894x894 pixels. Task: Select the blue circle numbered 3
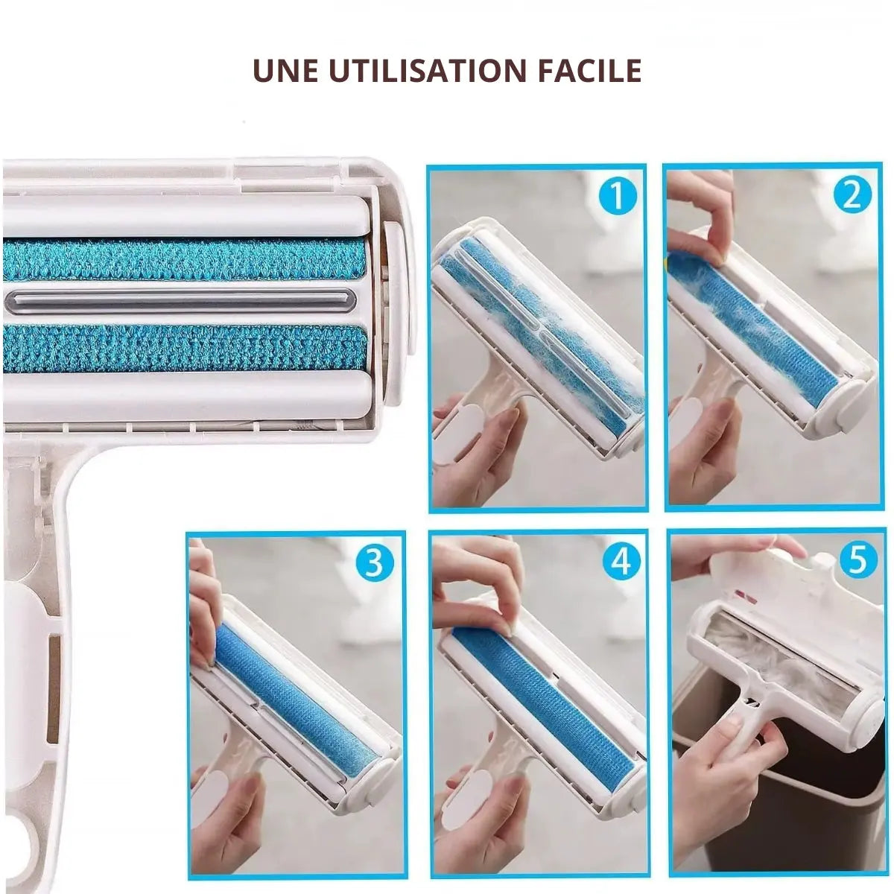tap(374, 564)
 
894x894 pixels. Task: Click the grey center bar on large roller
tap(179, 300)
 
